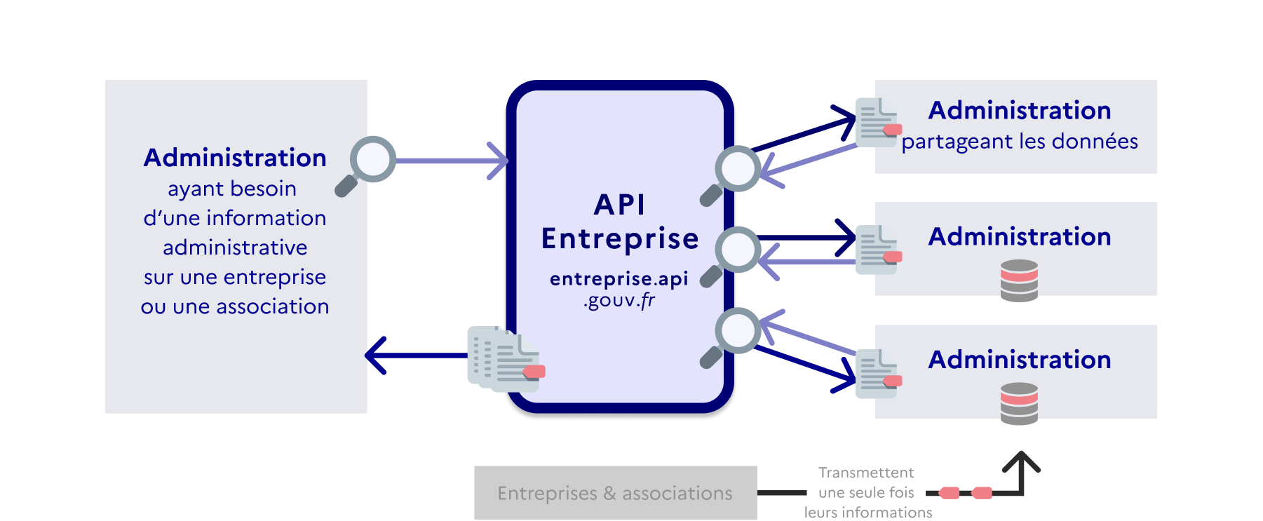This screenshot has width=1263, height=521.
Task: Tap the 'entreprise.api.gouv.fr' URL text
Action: [619, 289]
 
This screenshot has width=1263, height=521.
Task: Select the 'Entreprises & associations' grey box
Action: [615, 492]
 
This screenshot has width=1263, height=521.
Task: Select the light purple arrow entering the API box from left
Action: [449, 161]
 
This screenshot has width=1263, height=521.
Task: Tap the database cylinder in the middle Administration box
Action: [1019, 280]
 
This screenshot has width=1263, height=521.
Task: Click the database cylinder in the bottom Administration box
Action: [1019, 403]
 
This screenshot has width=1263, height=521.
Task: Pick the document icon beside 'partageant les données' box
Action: [877, 123]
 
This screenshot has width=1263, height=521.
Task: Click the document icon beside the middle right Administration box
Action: [877, 250]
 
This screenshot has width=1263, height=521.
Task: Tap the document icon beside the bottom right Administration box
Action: [877, 374]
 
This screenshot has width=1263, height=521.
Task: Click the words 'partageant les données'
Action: [1019, 142]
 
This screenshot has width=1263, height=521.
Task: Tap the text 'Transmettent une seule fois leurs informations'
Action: [867, 492]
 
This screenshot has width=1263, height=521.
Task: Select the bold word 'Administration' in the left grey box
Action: [235, 158]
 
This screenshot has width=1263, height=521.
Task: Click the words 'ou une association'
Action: [235, 306]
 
